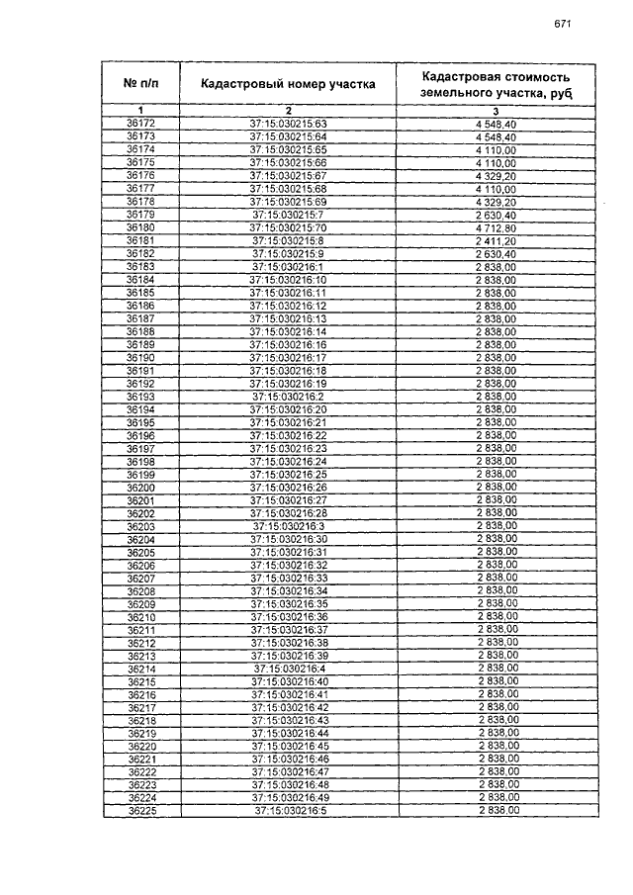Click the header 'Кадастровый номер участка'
(288, 84)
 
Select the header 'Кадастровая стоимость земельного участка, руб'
(495, 84)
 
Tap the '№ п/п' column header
(140, 84)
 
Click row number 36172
(140, 124)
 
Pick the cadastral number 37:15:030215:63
(288, 124)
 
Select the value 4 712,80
(496, 227)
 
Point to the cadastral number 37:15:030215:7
(288, 215)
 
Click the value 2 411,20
(496, 240)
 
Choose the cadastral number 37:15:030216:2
(288, 397)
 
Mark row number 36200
(140, 488)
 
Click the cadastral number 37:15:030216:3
(288, 526)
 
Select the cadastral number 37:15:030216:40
(288, 682)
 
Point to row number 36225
(140, 811)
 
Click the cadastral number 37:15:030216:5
(288, 811)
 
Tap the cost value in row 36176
(496, 175)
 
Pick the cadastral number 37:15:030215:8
(288, 240)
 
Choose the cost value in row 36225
(496, 811)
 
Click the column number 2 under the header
(288, 110)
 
